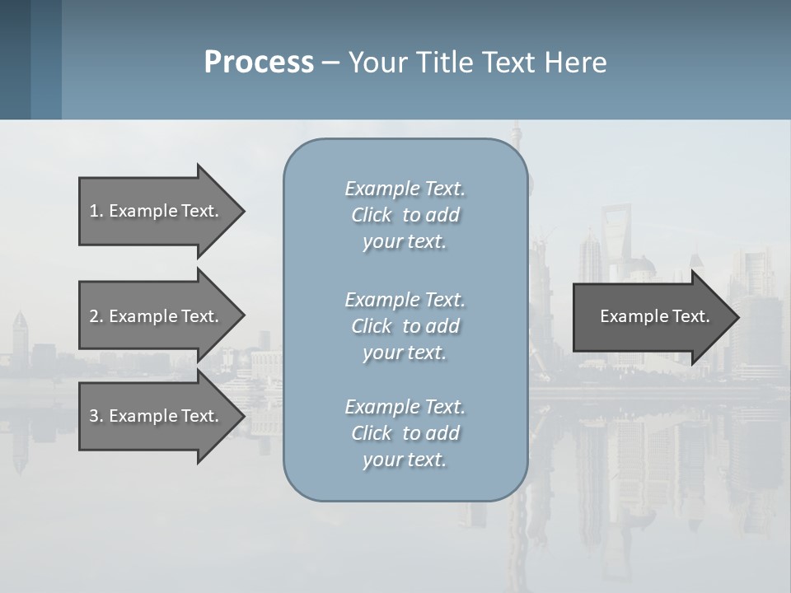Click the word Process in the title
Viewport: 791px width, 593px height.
coord(259,63)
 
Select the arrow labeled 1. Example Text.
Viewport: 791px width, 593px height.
coord(157,211)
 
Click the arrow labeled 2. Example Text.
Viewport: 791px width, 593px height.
coord(157,316)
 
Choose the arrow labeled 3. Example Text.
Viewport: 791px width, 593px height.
coord(157,416)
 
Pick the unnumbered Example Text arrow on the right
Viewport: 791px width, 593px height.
coord(651,316)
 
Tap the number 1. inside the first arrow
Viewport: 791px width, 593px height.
coord(96,211)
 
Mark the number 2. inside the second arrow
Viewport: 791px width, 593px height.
coord(96,316)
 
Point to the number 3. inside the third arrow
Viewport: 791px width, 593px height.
coord(96,416)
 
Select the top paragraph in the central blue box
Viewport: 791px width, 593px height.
coord(405,215)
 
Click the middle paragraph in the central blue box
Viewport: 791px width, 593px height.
coord(405,326)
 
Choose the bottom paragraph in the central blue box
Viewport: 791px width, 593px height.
coord(405,433)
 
